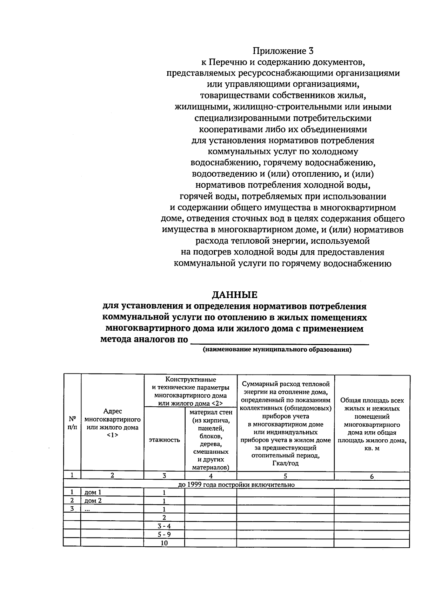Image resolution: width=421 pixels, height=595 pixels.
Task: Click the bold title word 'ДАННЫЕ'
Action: coord(234,294)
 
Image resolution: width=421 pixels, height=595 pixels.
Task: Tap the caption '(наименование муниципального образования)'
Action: coord(277,350)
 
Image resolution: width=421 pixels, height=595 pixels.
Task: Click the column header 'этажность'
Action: coord(164,440)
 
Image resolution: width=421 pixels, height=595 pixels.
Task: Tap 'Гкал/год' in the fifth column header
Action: coord(285,463)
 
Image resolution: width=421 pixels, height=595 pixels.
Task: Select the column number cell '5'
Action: coord(285,476)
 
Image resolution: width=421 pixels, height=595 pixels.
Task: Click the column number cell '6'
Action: coord(372,476)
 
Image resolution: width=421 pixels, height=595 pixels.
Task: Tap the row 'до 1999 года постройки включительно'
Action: coord(236,485)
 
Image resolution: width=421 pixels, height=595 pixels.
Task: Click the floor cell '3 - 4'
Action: coord(164,526)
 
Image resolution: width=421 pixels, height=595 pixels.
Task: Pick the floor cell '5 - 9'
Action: coord(164,534)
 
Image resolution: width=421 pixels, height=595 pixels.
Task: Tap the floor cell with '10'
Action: coord(164,543)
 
